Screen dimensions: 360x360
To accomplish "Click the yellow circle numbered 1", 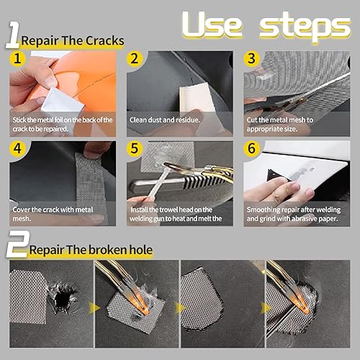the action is (17, 58).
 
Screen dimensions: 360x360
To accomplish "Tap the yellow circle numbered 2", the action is (135, 58).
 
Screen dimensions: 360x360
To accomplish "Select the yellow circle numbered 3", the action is (251, 58).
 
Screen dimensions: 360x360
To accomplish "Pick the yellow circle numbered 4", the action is (17, 148).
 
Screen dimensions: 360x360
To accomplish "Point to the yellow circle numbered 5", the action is (135, 148).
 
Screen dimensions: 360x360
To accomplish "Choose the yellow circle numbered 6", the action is (251, 148).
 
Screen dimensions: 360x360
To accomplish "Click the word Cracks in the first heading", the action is (105, 41).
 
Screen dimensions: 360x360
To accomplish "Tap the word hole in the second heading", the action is (141, 250).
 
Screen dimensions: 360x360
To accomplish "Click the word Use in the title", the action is (212, 24).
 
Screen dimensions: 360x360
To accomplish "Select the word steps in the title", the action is (305, 27).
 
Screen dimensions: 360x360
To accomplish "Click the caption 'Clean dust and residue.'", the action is (165, 120).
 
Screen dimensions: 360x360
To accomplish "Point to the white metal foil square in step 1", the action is (63, 101).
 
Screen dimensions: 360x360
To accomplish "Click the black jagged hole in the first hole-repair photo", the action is (63, 297).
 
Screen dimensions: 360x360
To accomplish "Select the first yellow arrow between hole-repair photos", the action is (94, 308).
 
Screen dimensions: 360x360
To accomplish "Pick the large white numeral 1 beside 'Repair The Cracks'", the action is (14, 35).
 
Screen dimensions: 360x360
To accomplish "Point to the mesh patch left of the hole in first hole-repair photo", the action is (27, 297).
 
